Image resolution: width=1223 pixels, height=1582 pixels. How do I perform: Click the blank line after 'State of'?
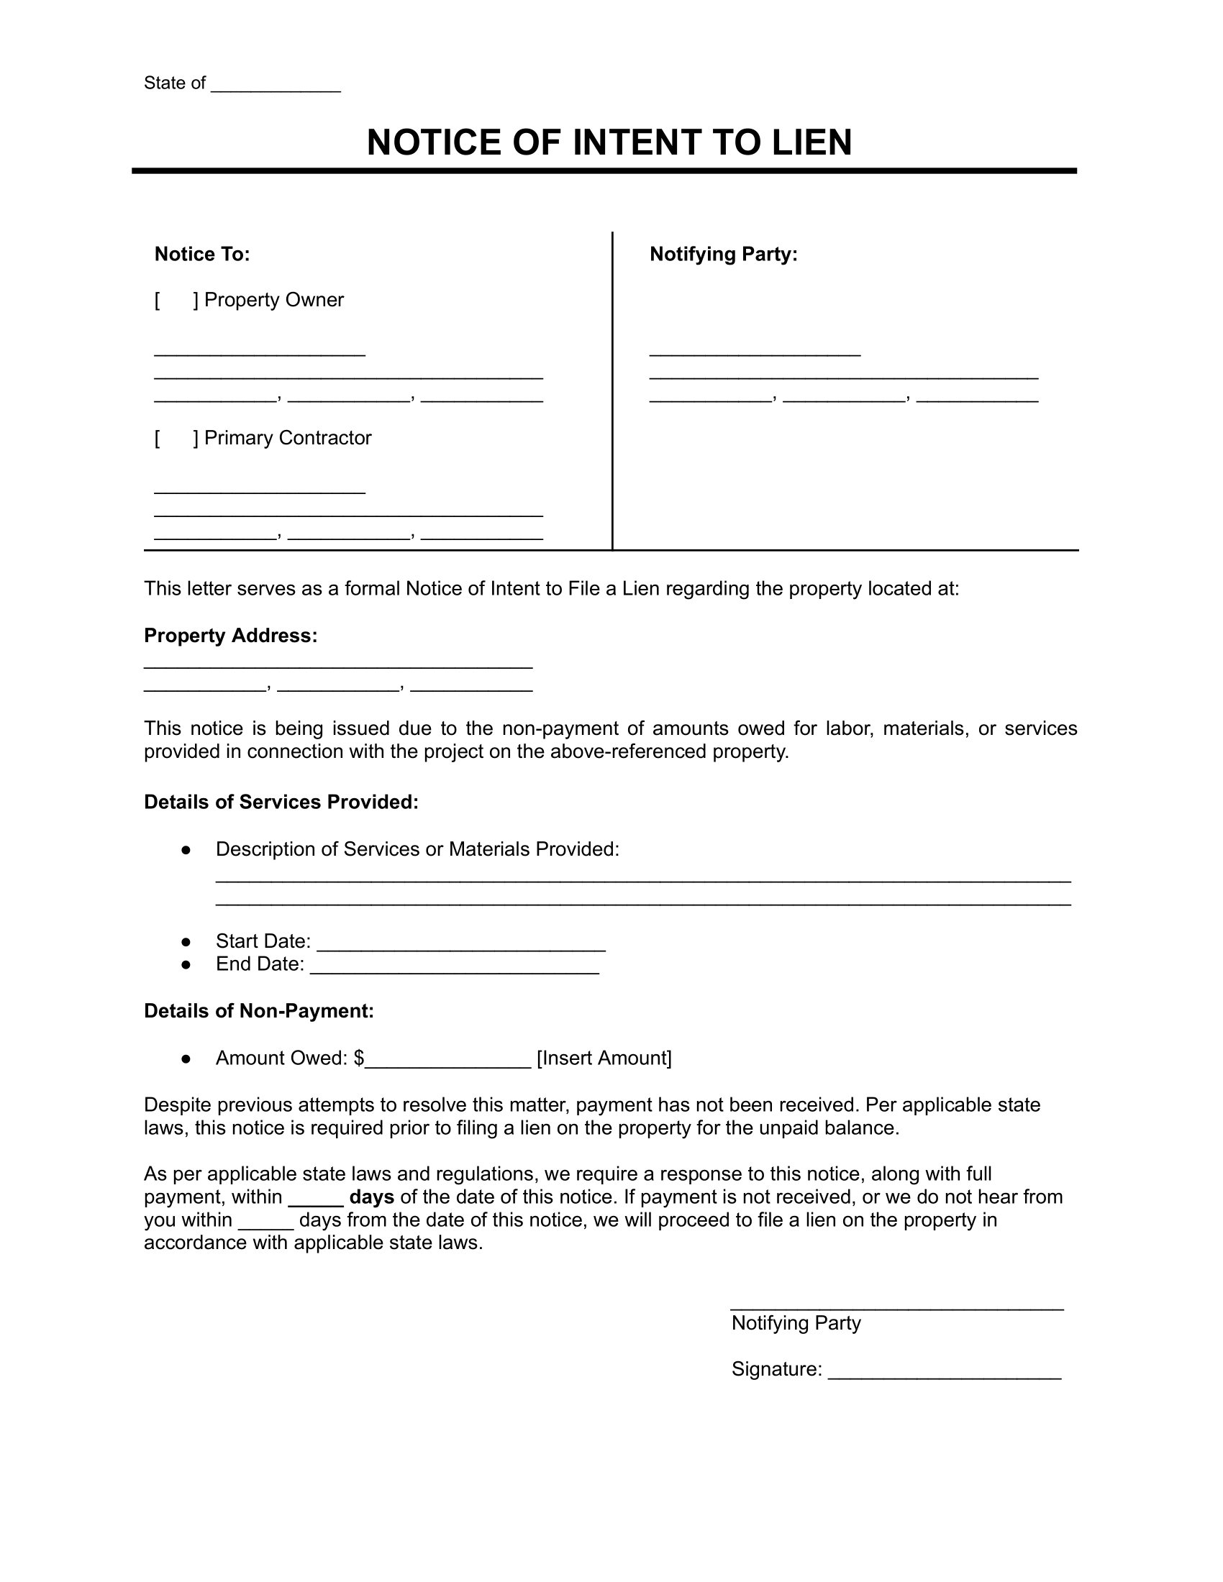pyautogui.click(x=276, y=86)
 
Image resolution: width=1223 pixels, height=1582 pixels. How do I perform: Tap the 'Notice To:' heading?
pyautogui.click(x=201, y=255)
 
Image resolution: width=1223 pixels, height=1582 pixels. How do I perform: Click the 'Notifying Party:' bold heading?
pyautogui.click(x=723, y=255)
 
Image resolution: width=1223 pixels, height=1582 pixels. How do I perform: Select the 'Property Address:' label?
pyautogui.click(x=230, y=635)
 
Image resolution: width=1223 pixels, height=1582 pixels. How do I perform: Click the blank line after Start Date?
pyautogui.click(x=461, y=944)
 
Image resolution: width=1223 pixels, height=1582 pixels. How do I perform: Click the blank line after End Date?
pyautogui.click(x=454, y=967)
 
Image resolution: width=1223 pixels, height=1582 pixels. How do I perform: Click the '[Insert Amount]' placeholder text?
pyautogui.click(x=604, y=1059)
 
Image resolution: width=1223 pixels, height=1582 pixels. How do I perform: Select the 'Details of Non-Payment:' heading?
pyautogui.click(x=259, y=1011)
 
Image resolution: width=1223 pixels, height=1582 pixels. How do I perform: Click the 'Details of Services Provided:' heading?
pyautogui.click(x=281, y=802)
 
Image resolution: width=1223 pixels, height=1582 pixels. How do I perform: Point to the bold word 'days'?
pyautogui.click(x=371, y=1197)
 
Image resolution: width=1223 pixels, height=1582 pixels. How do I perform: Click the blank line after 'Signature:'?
pyautogui.click(x=944, y=1372)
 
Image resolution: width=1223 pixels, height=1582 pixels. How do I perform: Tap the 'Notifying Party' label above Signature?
pyautogui.click(x=796, y=1322)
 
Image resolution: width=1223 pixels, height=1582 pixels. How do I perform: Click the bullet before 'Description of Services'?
pyautogui.click(x=186, y=850)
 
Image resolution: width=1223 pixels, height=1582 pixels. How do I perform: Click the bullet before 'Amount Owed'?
pyautogui.click(x=186, y=1059)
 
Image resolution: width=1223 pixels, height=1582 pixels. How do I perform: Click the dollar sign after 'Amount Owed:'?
pyautogui.click(x=360, y=1059)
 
